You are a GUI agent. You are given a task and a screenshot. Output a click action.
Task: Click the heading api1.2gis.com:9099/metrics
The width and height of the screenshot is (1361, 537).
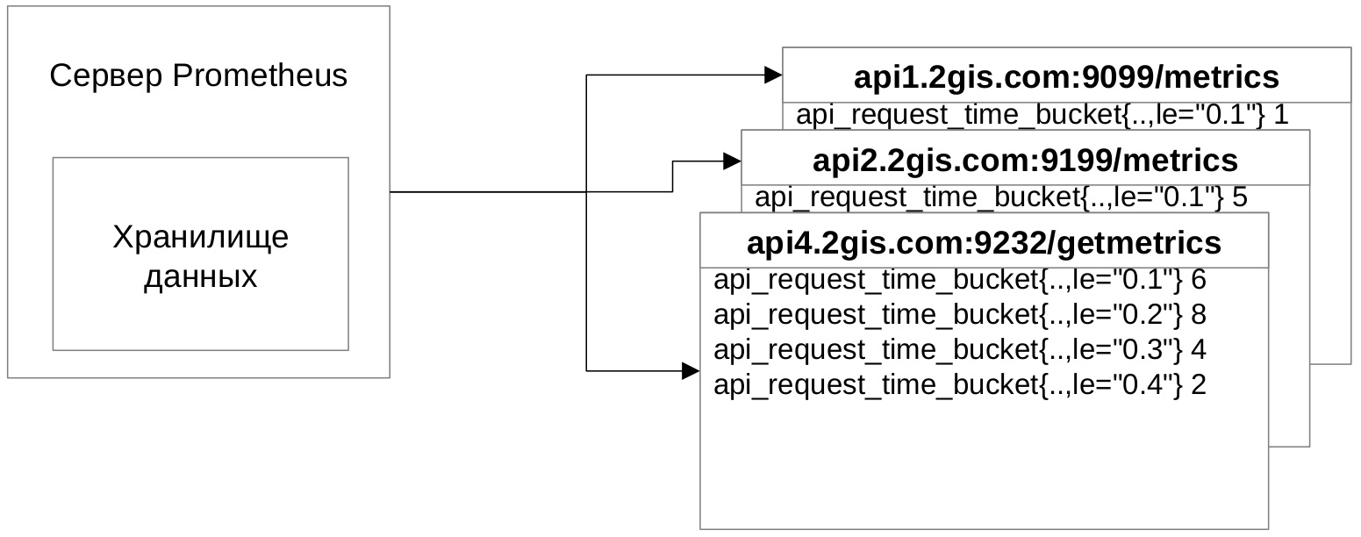coord(1066,77)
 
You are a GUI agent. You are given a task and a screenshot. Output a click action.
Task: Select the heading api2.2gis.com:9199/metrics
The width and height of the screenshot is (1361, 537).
coord(1025,161)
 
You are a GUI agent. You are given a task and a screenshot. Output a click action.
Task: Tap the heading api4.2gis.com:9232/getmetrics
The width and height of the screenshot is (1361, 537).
coord(984,241)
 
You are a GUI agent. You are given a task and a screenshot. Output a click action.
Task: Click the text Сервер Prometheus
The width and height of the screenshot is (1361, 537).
coord(198,76)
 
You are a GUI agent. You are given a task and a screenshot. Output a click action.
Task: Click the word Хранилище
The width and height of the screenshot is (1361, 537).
coord(200,238)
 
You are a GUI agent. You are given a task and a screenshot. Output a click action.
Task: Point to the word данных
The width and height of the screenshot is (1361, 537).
coord(200,277)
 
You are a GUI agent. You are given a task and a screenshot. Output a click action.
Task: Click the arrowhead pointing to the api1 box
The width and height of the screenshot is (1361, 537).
coord(773,75)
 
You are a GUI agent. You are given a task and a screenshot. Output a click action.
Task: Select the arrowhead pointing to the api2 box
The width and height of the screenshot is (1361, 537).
coord(733,161)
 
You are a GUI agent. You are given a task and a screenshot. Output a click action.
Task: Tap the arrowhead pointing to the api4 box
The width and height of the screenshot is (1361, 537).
coord(691,371)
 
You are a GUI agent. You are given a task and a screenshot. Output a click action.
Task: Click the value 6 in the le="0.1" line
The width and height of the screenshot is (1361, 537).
coord(1199,280)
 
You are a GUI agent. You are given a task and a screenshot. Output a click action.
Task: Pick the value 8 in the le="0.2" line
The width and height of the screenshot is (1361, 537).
coord(1199,314)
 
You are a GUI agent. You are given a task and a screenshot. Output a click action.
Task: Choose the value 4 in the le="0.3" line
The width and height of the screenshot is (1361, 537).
coord(1199,349)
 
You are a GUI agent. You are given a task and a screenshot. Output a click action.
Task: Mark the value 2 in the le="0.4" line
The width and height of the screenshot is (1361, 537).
coord(1199,384)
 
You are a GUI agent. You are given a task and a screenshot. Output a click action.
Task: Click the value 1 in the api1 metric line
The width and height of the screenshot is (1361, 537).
coord(1280,116)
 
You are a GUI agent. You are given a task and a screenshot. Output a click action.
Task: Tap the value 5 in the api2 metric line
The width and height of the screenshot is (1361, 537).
coord(1239,197)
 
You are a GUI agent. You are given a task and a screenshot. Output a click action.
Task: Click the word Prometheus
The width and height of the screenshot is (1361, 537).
coord(260,76)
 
